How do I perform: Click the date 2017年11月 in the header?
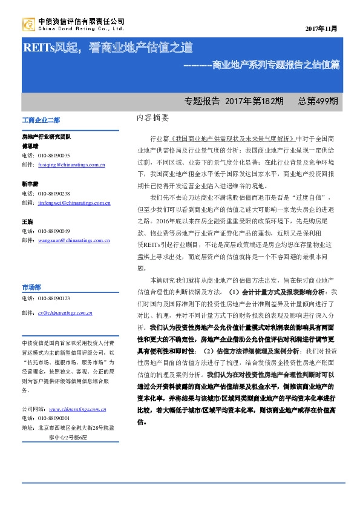click(321, 28)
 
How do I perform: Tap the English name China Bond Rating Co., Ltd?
click(81, 28)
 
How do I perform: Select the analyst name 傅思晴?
click(30, 146)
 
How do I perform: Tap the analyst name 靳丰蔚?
click(30, 182)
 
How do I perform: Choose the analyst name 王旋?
click(28, 222)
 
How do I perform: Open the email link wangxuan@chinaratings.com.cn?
click(73, 240)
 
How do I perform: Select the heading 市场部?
click(31, 287)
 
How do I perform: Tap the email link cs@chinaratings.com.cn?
click(65, 314)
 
